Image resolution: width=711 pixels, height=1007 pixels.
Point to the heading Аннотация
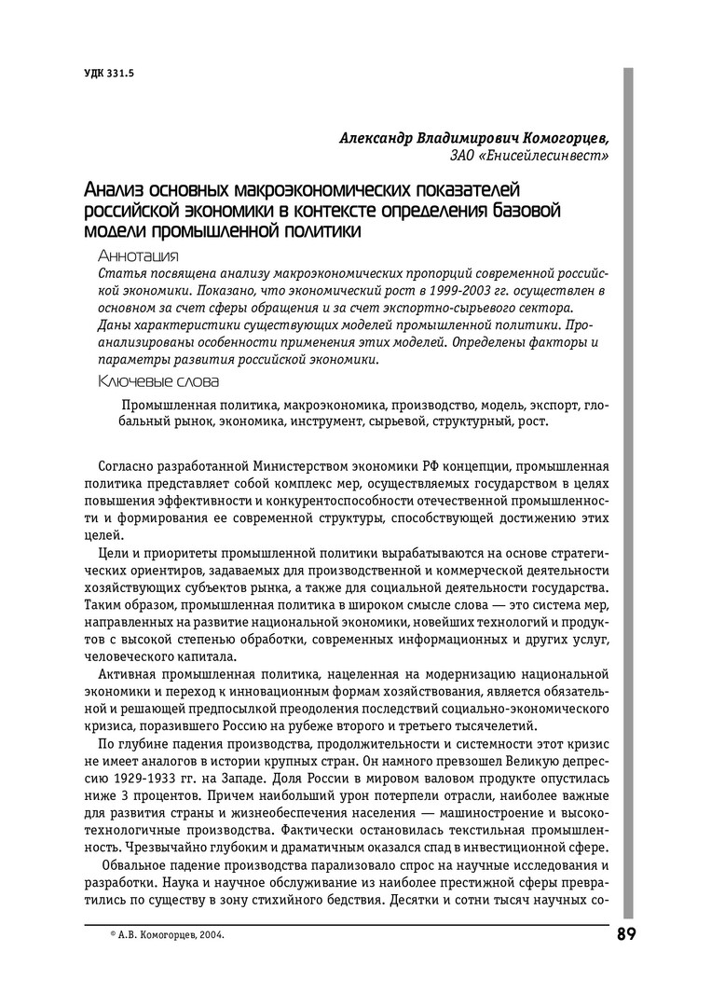click(138, 255)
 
